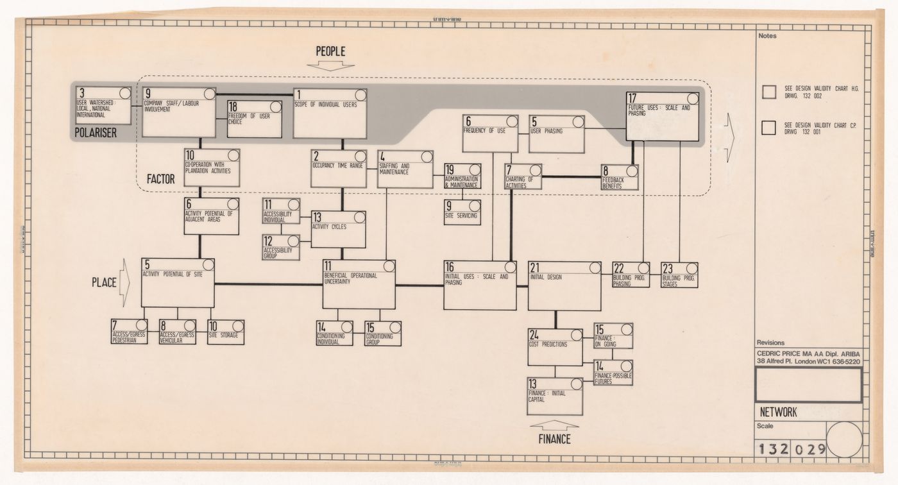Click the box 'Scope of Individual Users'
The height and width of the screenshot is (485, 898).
[x=330, y=113]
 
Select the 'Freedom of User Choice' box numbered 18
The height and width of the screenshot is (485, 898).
[x=255, y=119]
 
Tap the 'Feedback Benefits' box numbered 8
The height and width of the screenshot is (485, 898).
[x=620, y=178]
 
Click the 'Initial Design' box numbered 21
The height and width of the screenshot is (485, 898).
[x=564, y=286]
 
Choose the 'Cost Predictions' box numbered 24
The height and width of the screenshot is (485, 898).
[x=555, y=347]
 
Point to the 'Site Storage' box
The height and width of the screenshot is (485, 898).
[x=225, y=332]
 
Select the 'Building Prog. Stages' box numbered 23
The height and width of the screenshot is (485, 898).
[x=679, y=275]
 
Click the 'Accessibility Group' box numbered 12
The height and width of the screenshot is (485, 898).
[x=281, y=247]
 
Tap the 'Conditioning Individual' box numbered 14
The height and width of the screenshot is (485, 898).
[x=334, y=333]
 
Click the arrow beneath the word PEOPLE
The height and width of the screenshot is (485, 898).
[x=330, y=65]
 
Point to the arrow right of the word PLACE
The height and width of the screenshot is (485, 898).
[x=125, y=282]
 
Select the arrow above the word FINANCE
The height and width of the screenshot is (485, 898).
[x=555, y=424]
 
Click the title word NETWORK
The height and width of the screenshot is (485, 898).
[x=778, y=413]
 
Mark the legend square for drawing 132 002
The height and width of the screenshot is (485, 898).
[x=769, y=92]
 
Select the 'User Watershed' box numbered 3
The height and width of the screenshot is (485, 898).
[x=103, y=105]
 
